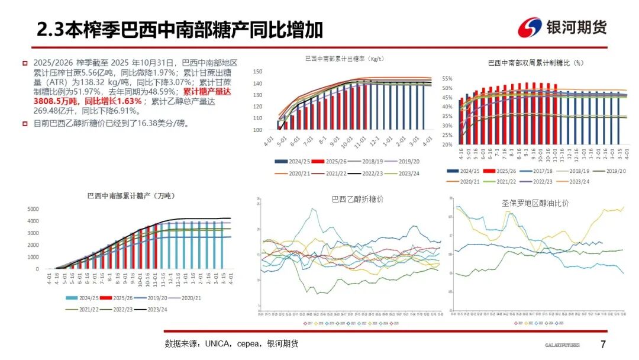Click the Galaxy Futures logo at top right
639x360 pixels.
click(x=561, y=27)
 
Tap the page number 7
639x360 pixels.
click(x=603, y=345)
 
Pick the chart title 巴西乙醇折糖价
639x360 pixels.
click(x=357, y=199)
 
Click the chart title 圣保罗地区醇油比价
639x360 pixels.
click(x=535, y=202)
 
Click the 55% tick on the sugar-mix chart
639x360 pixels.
click(x=447, y=79)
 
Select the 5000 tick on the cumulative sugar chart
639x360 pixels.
click(x=33, y=209)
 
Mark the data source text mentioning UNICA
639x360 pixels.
click(x=231, y=343)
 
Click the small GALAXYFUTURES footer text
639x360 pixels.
click(x=562, y=345)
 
